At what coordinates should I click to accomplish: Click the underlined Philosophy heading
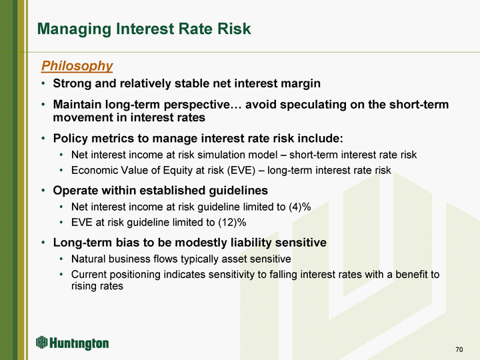pyautogui.click(x=77, y=66)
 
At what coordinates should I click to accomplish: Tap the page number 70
pyautogui.click(x=459, y=349)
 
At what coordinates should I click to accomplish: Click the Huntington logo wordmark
pyautogui.click(x=79, y=343)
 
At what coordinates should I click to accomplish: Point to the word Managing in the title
pyautogui.click(x=74, y=29)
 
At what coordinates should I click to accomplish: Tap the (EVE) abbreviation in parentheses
pyautogui.click(x=241, y=170)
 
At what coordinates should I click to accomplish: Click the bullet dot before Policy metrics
pyautogui.click(x=43, y=139)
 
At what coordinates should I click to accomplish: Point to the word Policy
pyautogui.click(x=70, y=139)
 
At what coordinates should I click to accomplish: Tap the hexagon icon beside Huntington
pyautogui.click(x=42, y=342)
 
